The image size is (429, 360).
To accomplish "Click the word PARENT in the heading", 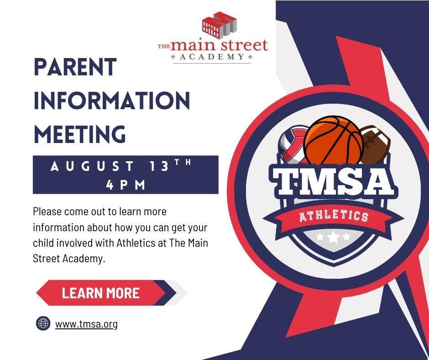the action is [75, 67].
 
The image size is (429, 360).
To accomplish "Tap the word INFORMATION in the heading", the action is [112, 101].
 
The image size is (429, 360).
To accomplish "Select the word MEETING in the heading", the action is [79, 134].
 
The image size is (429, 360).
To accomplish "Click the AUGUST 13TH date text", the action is [120, 165].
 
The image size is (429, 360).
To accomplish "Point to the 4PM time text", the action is [126, 185].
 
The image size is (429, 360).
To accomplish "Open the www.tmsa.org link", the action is [86, 324].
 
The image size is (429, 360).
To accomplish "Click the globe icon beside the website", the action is [43, 323].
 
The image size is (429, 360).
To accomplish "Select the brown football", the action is [375, 144].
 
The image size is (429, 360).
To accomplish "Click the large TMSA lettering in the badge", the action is [332, 180].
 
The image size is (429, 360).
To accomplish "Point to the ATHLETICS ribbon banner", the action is [334, 217].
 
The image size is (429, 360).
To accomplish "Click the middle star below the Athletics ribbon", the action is [333, 237].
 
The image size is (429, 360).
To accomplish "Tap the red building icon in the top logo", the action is [219, 24].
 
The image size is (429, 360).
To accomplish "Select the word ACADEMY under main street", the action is [212, 57].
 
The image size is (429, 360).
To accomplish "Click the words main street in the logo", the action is [219, 45].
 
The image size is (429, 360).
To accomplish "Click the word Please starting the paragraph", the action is [47, 212].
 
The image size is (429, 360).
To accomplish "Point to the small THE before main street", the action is [164, 47].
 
